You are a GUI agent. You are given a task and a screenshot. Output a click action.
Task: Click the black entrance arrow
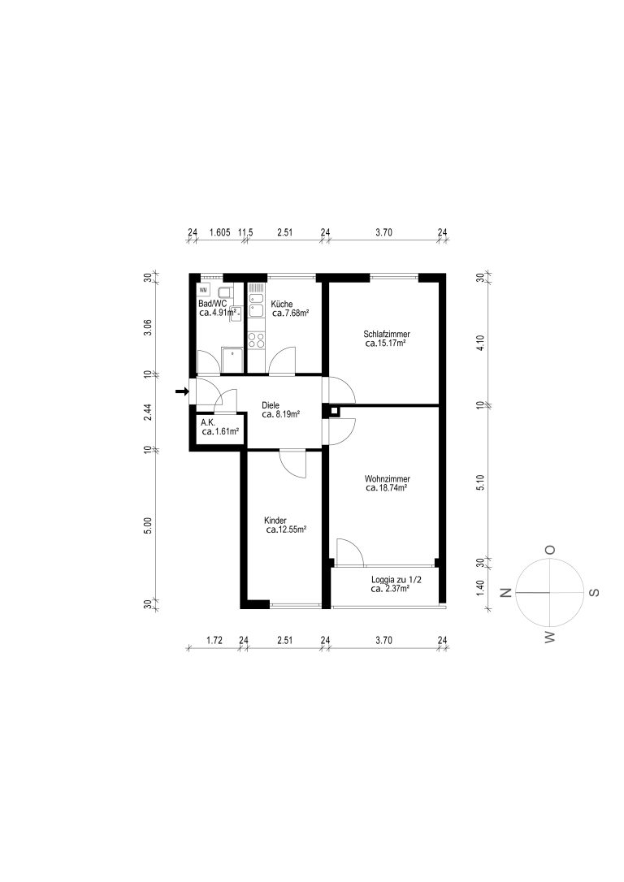182,391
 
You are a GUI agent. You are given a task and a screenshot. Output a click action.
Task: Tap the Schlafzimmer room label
387,334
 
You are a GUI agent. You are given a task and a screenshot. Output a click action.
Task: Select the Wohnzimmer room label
387,479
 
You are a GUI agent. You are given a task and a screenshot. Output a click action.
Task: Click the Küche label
281,304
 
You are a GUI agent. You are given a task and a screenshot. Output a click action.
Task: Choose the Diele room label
271,405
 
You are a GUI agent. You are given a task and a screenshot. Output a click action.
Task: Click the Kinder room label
275,521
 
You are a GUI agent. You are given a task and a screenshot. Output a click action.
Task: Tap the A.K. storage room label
208,422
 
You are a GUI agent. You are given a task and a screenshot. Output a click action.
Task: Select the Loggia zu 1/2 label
396,580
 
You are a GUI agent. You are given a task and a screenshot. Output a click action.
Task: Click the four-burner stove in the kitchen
257,339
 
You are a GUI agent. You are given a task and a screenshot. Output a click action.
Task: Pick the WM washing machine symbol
203,290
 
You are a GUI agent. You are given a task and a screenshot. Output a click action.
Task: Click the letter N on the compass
505,592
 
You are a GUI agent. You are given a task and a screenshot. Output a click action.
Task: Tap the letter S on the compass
594,592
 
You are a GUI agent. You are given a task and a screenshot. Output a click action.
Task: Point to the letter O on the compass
550,550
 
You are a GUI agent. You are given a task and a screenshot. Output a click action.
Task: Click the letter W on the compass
550,637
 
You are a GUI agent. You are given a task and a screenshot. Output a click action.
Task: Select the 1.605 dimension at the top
219,231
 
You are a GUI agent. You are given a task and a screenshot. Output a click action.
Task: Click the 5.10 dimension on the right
480,482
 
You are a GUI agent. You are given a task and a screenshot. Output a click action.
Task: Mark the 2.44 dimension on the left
147,413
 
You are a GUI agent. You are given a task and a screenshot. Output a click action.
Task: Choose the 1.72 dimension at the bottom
214,640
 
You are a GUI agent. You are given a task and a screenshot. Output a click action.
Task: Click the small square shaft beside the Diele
334,411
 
